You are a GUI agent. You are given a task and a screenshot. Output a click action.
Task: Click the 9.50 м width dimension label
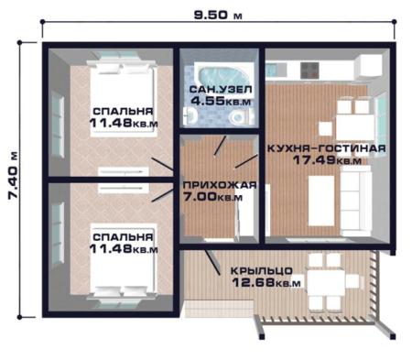point(218,15)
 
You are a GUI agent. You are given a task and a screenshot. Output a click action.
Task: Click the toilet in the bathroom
point(241,116)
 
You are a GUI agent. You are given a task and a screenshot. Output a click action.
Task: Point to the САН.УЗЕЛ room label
point(221,90)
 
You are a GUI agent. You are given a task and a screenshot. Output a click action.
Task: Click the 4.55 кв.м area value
point(221,101)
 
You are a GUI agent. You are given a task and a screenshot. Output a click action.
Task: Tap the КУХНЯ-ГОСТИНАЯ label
point(327,148)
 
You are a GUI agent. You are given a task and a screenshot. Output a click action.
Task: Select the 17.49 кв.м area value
point(327,160)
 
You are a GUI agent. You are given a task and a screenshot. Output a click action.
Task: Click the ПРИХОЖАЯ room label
point(220,185)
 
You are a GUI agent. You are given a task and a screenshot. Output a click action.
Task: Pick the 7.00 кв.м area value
point(213,197)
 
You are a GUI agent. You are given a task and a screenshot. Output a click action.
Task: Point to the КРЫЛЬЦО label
point(262,271)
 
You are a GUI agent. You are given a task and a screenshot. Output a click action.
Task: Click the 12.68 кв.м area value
point(266,282)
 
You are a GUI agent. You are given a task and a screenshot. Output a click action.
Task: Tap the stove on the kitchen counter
point(309,71)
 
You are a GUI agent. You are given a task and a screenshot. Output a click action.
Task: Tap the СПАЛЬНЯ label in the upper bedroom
point(123,111)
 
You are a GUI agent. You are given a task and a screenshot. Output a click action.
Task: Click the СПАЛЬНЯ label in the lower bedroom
point(123,237)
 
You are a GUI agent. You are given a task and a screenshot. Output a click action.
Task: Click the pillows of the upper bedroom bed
point(122,69)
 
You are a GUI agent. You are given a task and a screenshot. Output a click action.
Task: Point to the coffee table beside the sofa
point(321,201)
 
